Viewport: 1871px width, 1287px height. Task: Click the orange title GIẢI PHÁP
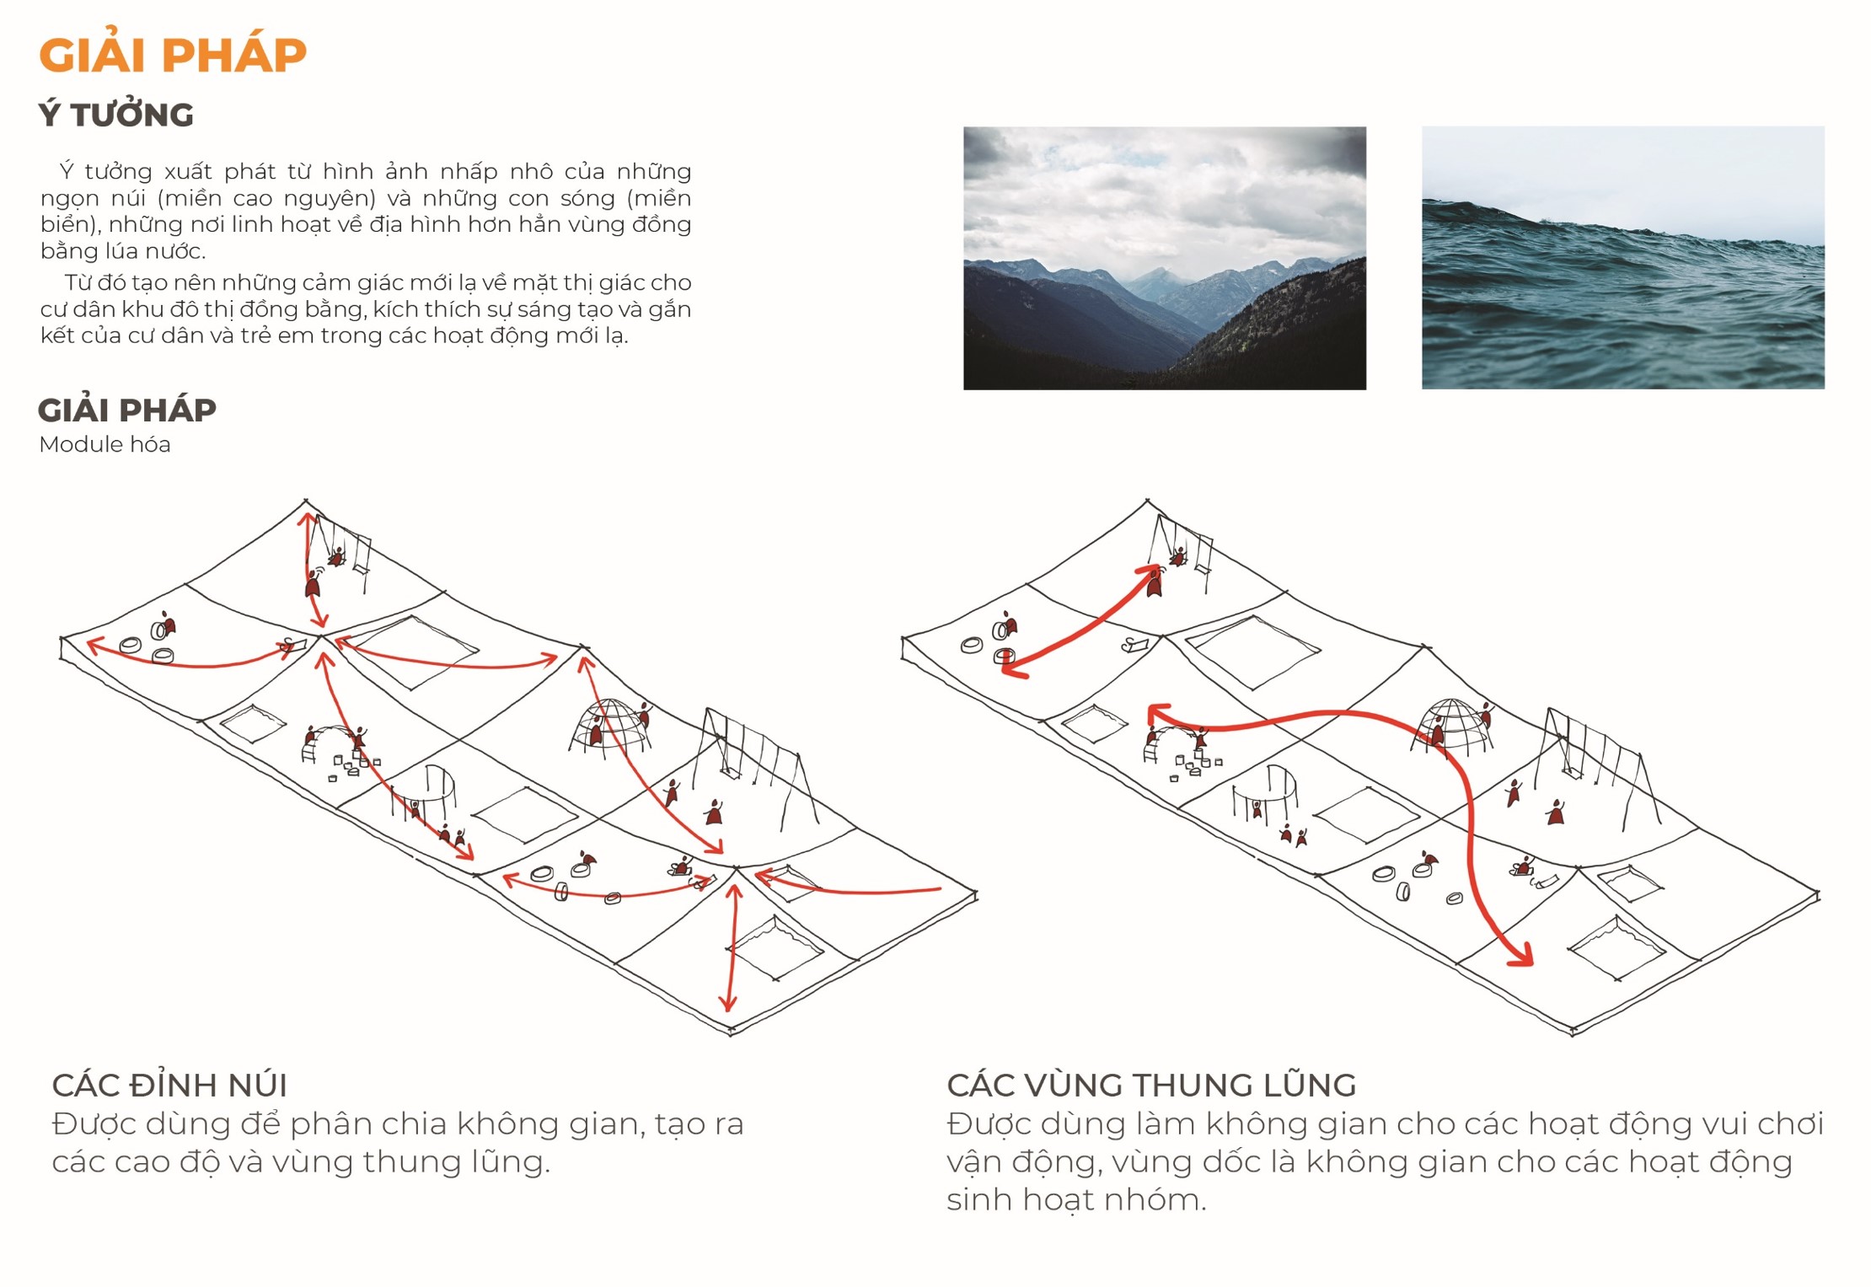173,56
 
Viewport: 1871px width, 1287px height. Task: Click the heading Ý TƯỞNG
116,115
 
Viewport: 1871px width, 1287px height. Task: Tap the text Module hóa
105,444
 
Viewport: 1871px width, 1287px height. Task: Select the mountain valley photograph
1164,258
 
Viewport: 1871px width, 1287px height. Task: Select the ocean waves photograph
1622,258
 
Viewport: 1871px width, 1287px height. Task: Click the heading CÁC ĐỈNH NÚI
169,1085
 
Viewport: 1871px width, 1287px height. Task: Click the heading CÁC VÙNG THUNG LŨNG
1151,1085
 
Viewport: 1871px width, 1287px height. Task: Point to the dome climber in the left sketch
610,725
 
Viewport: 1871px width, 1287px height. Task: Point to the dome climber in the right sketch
1451,725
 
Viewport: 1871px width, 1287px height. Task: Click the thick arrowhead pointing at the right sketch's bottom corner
1522,957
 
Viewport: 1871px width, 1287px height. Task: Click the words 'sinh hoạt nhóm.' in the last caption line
1076,1199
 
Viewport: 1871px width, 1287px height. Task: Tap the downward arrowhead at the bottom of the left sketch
728,1002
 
